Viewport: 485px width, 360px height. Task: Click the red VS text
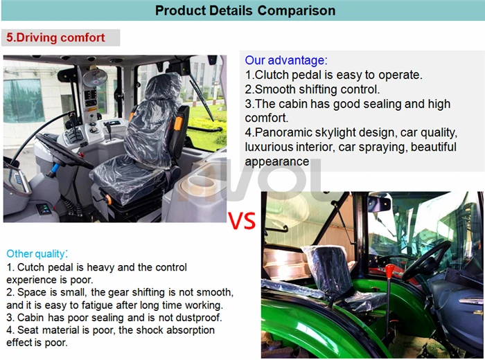click(242, 221)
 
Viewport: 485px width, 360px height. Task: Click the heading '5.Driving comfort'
click(55, 37)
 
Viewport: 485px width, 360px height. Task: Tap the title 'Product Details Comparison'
click(245, 10)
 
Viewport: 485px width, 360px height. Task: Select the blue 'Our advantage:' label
click(286, 60)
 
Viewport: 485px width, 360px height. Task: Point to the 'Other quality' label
click(36, 253)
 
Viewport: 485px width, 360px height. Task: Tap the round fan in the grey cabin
click(95, 78)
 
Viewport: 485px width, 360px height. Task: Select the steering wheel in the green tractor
click(426, 260)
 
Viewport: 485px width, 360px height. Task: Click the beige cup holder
click(201, 187)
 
